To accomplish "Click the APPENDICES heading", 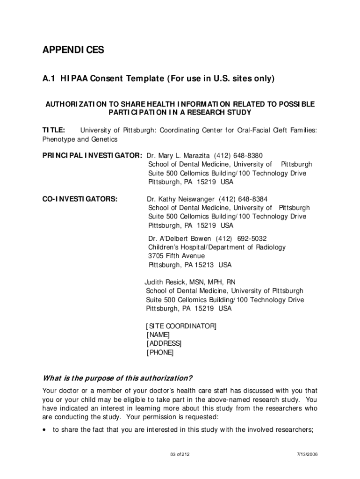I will click(x=73, y=50).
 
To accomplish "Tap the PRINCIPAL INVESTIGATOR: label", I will click(x=92, y=156).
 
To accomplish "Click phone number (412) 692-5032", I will click(x=246, y=239).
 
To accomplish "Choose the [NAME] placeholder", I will click(x=158, y=335).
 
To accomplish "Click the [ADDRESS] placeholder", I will click(x=164, y=344).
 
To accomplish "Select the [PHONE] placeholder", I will click(x=159, y=353).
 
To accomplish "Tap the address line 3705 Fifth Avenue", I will click(x=176, y=256).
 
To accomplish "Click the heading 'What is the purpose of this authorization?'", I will click(x=117, y=378).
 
